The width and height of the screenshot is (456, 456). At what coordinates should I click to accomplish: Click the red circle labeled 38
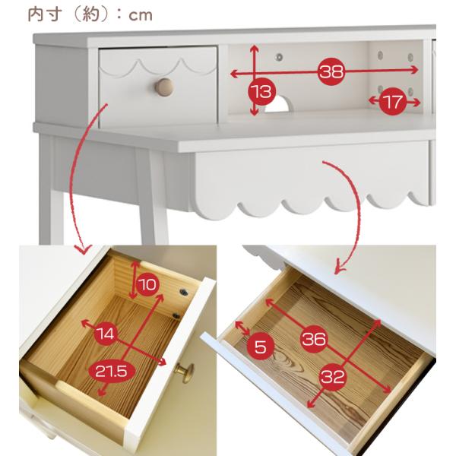click(x=331, y=71)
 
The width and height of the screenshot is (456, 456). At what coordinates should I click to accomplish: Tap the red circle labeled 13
click(x=261, y=92)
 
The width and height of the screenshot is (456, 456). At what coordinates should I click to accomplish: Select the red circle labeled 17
click(x=393, y=102)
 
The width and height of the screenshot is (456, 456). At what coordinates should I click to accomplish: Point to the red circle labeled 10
click(x=147, y=284)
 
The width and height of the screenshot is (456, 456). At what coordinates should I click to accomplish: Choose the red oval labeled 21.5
click(x=112, y=372)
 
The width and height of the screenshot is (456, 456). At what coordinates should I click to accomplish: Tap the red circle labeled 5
click(x=261, y=347)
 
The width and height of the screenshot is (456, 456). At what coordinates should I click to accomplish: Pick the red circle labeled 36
click(x=314, y=339)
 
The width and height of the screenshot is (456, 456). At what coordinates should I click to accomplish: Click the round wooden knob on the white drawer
click(x=164, y=87)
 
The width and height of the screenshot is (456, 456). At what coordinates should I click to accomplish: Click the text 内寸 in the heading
click(x=45, y=14)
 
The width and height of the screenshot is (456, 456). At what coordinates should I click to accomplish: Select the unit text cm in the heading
click(x=141, y=16)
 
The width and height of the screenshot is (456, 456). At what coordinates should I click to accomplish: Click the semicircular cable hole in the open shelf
click(x=277, y=105)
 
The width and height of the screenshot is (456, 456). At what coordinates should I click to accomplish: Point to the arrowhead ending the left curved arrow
click(x=84, y=249)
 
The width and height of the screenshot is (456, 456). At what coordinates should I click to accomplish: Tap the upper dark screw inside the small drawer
click(x=183, y=292)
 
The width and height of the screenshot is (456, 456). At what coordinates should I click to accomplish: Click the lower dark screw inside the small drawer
click(x=176, y=316)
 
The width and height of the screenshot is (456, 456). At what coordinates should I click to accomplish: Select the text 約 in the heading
click(x=91, y=14)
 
